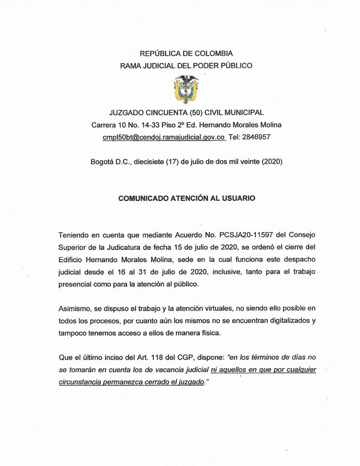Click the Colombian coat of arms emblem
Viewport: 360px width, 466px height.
[186, 89]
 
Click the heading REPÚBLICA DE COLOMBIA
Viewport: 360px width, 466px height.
[186, 54]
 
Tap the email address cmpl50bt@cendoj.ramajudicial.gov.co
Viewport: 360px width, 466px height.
[164, 137]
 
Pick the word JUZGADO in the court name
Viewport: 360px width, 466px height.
[126, 112]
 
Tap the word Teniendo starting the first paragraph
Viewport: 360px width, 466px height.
[74, 235]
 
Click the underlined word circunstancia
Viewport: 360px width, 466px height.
[80, 382]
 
